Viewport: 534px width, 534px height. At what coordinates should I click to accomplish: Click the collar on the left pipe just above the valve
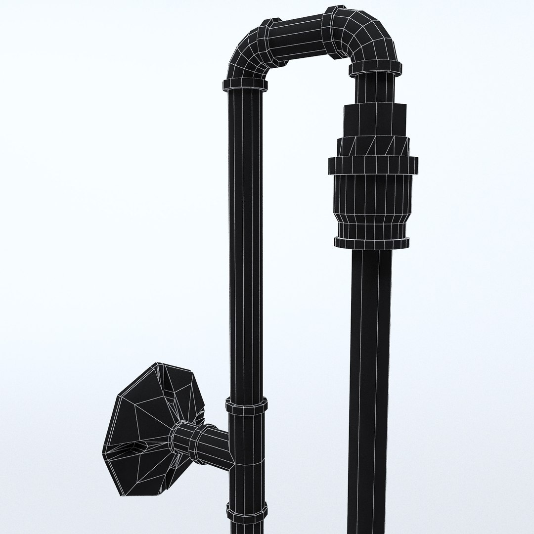tap(247, 406)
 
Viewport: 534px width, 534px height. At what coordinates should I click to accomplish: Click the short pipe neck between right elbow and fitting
tap(376, 89)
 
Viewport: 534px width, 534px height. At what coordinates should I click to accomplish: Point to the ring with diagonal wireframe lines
tap(374, 145)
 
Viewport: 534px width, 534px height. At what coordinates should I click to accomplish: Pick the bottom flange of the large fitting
tap(371, 242)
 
